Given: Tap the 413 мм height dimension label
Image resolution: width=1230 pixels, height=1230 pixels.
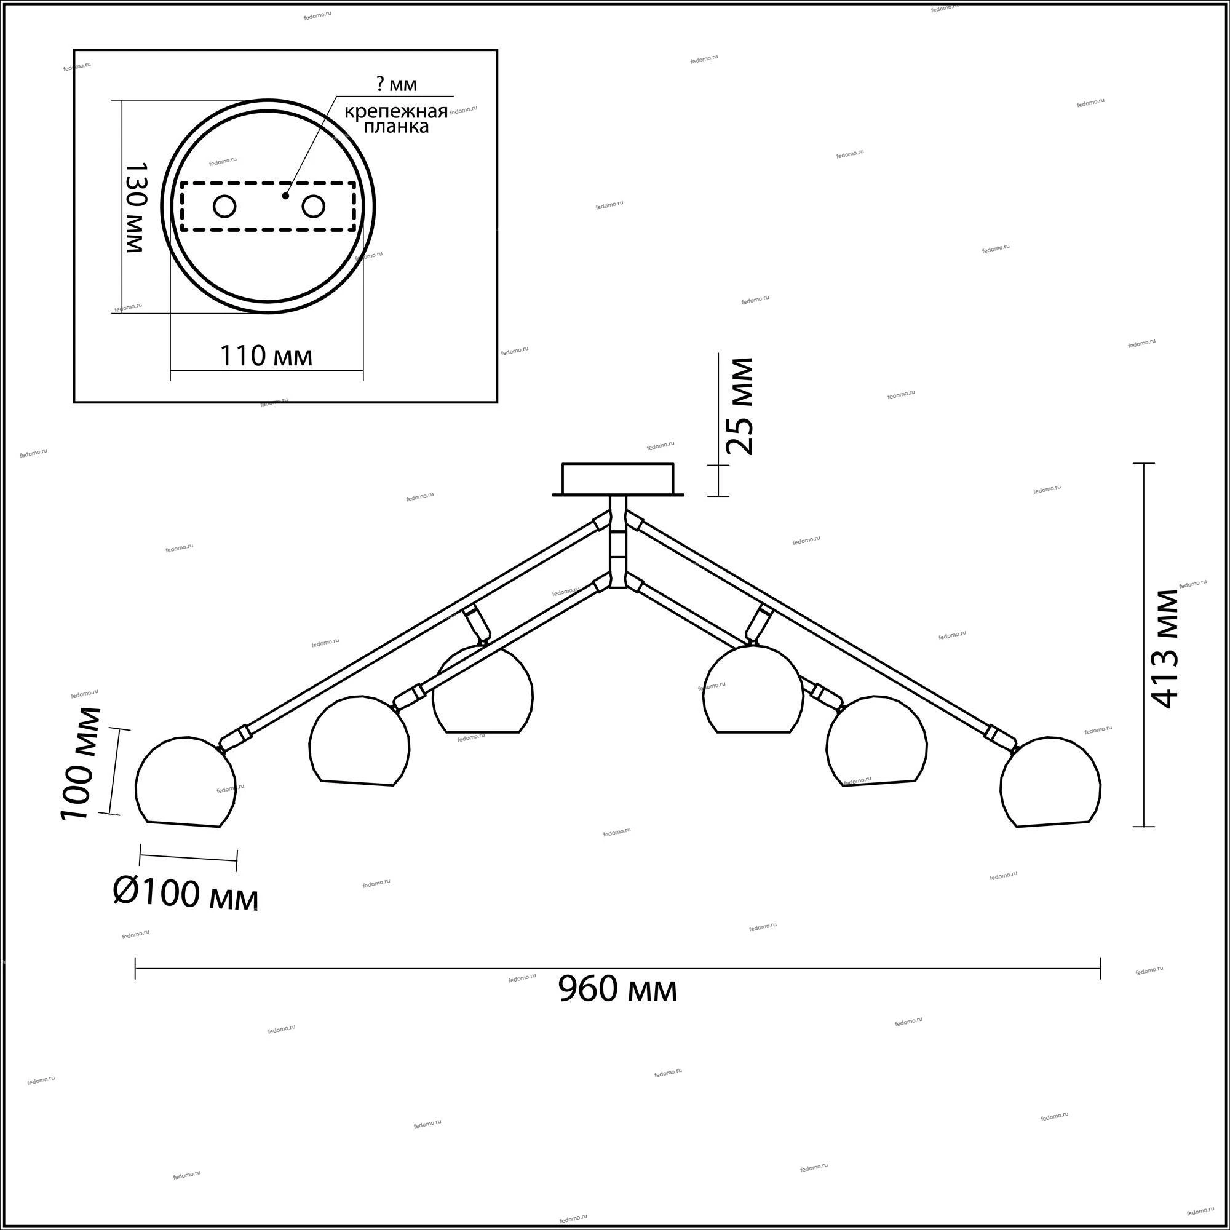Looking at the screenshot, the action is (x=1165, y=649).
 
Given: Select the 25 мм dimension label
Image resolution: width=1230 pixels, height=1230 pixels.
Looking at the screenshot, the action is (x=740, y=406).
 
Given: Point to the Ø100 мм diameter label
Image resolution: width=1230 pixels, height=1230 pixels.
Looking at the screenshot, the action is (x=186, y=895).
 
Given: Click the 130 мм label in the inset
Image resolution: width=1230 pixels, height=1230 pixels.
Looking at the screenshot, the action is (x=135, y=207).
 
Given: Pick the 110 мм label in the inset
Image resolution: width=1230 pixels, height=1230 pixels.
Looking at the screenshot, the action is (x=266, y=356).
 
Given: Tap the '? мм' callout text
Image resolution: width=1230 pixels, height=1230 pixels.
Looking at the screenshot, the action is (x=397, y=84).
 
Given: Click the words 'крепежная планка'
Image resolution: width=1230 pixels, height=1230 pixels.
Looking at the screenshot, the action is (x=396, y=119).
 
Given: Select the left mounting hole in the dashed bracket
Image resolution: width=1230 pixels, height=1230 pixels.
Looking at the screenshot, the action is (x=224, y=207).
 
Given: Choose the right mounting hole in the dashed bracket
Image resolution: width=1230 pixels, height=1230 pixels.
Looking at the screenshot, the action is (x=313, y=207).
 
